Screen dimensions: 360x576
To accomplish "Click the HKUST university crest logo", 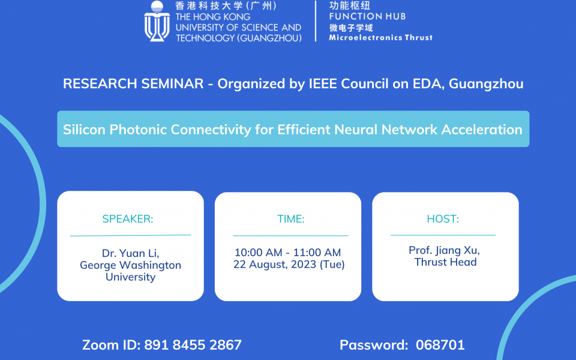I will [x=157, y=22].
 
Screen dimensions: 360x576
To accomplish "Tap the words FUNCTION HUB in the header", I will [x=367, y=16].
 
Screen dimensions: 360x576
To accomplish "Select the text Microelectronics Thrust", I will [x=380, y=37].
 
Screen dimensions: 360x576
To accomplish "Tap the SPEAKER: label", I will [x=128, y=219].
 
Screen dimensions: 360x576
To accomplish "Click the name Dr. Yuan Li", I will [x=130, y=253].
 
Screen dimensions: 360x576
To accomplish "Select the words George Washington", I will [x=130, y=265].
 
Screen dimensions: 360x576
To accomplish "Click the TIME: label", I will [x=290, y=219].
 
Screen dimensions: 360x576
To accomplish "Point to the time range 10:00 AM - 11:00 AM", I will [x=287, y=253].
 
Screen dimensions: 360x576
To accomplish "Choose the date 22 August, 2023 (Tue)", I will [x=289, y=265].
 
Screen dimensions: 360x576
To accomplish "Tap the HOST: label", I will [x=443, y=219].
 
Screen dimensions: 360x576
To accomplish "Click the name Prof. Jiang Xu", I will [x=444, y=250].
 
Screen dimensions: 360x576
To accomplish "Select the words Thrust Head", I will [x=445, y=262].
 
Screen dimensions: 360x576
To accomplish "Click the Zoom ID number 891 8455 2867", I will [x=193, y=345].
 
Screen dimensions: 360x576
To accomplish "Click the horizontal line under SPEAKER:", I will [x=130, y=235].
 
